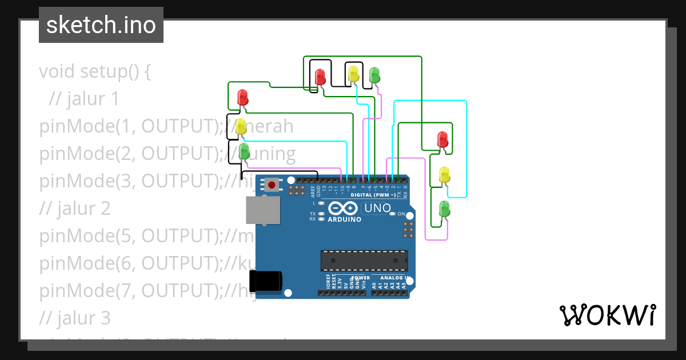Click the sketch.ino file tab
coord(101,25)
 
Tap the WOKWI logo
coord(607,315)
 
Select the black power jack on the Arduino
coord(266,281)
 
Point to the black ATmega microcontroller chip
coord(364,260)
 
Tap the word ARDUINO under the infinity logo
coord(344,219)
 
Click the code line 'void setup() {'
coord(95,72)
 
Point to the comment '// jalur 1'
coord(84,99)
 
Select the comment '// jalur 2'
coord(75,209)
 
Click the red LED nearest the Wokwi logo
coord(442,139)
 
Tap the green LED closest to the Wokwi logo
coord(444,209)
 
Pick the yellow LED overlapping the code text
coord(241,127)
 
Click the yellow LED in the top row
coord(353,74)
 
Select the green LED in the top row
coord(374,74)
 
